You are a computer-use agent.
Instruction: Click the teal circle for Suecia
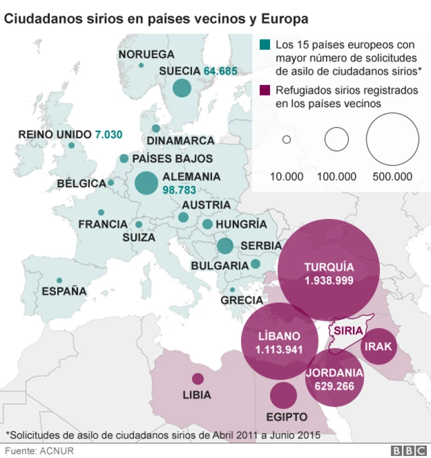pos(181,88)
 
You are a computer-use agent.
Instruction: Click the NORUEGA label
pos(146,54)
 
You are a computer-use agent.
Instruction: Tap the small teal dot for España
pos(60,280)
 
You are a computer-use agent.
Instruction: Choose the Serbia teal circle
pos(225,246)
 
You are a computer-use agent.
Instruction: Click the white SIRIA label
pos(348,331)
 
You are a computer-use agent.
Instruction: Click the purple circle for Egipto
pos(284,395)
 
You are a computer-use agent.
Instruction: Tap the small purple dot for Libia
pos(197,379)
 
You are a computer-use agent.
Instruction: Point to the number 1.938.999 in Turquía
pos(329,280)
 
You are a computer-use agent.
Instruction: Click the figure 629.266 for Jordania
pos(335,386)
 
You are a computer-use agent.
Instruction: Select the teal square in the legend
pos(265,45)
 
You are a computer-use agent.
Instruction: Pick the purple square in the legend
pos(265,90)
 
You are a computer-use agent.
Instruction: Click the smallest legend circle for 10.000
pos(286,140)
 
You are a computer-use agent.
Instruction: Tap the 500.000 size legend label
pos(392,176)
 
